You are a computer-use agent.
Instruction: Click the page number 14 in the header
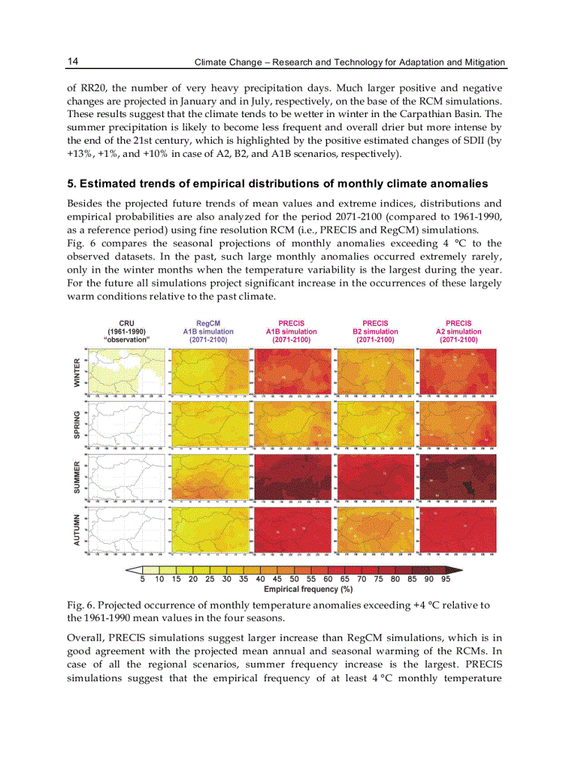click(73, 61)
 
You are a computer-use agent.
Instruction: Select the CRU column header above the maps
click(126, 324)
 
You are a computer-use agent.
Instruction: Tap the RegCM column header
click(208, 324)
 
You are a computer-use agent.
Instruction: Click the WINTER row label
click(77, 372)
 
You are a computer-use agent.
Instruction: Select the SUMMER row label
click(77, 477)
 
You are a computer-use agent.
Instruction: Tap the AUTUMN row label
click(77, 529)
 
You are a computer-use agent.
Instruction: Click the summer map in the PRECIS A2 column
click(457, 478)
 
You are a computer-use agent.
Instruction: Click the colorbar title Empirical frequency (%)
click(298, 590)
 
